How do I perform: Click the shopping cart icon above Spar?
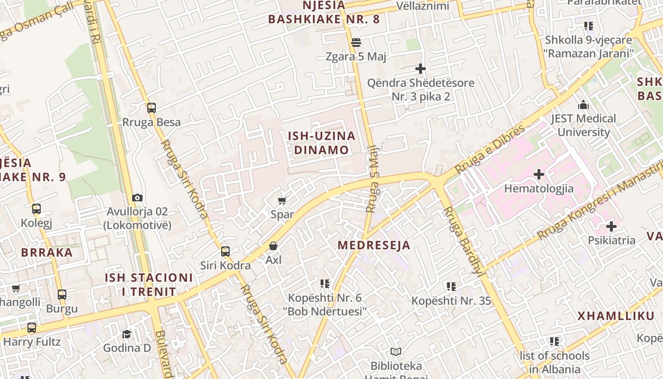pos(282,201)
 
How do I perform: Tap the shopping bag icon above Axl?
pos(273,246)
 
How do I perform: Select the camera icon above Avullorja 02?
pos(137,198)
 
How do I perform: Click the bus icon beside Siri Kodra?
pos(225,252)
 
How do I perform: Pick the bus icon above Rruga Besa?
pos(152,108)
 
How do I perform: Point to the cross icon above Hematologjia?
pos(538,175)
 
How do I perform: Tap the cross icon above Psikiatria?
pos(611,226)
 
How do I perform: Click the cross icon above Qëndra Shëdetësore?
pos(420,69)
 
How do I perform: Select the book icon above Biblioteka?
pos(396,352)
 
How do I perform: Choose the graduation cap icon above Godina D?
pos(126,334)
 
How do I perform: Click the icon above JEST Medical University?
pos(583,105)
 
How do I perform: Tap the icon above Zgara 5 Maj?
pos(356,43)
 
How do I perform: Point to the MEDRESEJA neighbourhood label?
pos(374,245)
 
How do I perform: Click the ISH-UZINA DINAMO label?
pos(322,143)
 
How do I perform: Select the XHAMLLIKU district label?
pos(616,316)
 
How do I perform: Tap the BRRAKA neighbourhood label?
pos(47,252)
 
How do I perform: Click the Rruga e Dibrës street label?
pos(490,149)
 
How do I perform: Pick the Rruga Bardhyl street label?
pos(463,242)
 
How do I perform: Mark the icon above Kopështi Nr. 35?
pos(451,287)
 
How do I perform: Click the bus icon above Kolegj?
pos(36,209)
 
